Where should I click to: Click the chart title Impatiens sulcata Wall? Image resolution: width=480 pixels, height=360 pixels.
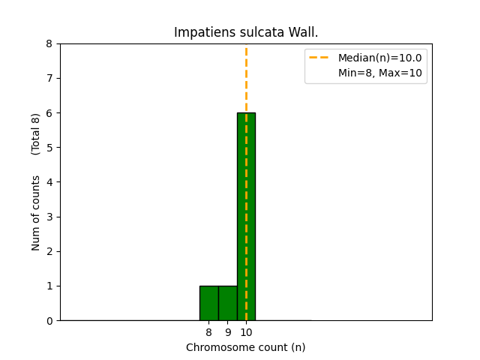coord(246,32)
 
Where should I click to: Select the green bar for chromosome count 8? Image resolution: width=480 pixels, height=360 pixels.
coord(208,303)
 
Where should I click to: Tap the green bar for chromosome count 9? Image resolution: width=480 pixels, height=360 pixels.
coord(227,303)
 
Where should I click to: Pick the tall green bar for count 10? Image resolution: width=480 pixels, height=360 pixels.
coord(246,217)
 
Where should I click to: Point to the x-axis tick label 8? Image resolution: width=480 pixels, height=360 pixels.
coord(208,331)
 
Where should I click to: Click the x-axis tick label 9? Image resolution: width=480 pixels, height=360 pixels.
coord(227,331)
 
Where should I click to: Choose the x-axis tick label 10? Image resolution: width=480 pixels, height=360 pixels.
coord(246,331)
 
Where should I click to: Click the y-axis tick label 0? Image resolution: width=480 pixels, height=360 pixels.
coord(49,321)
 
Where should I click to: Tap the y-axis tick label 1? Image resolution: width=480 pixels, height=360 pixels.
coord(49,286)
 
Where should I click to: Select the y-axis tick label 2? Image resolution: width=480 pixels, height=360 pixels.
coord(49,252)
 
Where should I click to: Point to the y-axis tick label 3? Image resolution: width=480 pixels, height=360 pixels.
coord(49,217)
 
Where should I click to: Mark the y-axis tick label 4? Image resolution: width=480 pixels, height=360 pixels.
coord(49,182)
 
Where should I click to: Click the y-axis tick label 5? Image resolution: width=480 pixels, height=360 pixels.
coord(49,148)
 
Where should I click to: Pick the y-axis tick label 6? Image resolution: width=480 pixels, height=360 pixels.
coord(49,113)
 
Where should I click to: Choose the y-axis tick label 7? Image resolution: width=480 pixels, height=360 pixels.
coord(49,79)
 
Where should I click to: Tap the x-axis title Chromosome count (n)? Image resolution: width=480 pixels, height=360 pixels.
coord(246,347)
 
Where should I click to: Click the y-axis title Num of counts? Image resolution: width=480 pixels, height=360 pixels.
coord(36,212)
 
